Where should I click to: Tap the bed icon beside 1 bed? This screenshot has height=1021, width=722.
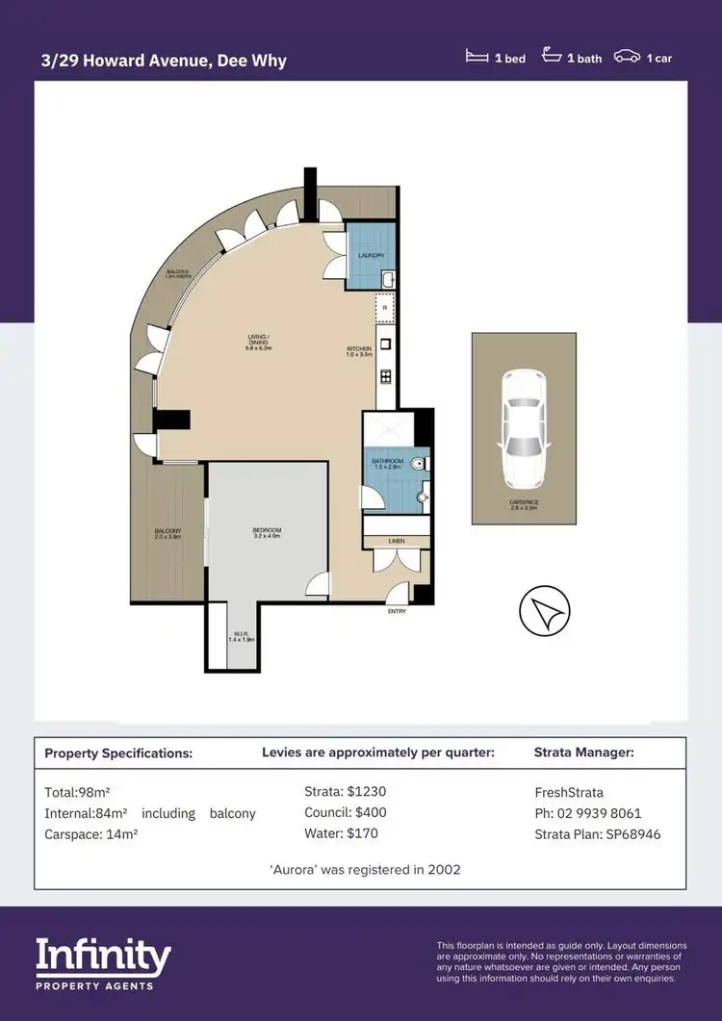click(x=476, y=58)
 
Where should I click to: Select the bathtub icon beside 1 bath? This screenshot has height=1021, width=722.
click(x=552, y=57)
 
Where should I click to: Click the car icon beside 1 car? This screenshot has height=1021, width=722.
click(x=628, y=58)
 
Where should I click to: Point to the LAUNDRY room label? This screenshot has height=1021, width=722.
click(x=371, y=256)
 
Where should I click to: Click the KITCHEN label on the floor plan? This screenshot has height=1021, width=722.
click(x=359, y=348)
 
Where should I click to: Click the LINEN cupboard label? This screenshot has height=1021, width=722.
click(x=397, y=542)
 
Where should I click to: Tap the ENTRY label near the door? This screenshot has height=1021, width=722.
click(x=396, y=611)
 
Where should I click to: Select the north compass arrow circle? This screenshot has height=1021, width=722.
click(x=544, y=610)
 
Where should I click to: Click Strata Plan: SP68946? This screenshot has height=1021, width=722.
click(x=597, y=834)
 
